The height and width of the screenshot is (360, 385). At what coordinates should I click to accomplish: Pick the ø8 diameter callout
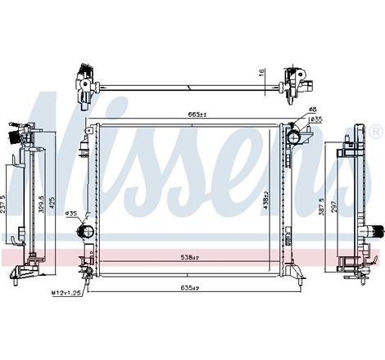(312, 110)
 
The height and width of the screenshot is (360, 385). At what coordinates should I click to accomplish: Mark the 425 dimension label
(54, 203)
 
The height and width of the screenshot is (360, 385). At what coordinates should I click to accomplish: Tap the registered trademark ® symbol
(374, 131)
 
